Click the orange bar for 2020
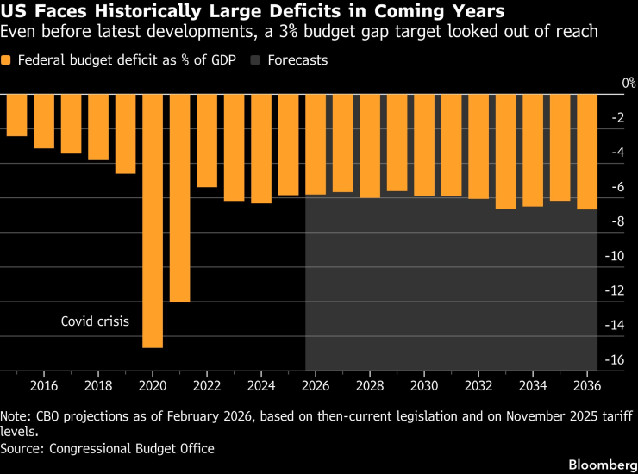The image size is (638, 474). [153, 220]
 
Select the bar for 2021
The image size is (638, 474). [179, 197]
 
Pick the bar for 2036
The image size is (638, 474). [587, 151]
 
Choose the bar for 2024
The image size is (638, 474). [261, 148]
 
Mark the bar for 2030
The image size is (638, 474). [424, 145]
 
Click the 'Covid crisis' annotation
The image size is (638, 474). [95, 321]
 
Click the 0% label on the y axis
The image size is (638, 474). [629, 83]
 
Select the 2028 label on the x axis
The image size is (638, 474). [370, 384]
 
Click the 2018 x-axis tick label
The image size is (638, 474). [97, 384]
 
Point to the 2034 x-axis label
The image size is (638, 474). [533, 384]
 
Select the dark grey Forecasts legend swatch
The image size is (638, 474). [256, 60]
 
